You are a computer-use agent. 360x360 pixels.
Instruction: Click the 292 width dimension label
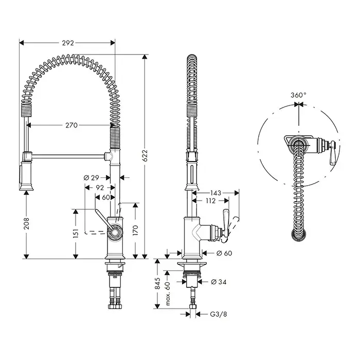[68, 43]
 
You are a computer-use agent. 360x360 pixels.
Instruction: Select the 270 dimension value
[71, 125]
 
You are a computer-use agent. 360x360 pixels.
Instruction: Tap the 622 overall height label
[146, 156]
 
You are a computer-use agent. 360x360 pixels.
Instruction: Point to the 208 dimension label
[27, 224]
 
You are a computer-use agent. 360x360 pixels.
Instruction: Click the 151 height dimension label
[76, 233]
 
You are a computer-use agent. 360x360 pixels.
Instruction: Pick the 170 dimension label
[135, 230]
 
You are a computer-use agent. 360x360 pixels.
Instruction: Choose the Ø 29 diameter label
[92, 178]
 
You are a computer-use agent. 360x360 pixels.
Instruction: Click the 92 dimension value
[100, 188]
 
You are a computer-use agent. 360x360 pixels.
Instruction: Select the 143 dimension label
[215, 193]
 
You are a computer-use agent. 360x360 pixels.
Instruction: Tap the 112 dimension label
[211, 201]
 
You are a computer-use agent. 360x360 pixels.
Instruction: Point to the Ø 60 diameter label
[224, 253]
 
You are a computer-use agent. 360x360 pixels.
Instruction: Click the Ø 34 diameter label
[219, 282]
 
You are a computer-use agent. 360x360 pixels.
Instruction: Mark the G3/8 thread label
[219, 314]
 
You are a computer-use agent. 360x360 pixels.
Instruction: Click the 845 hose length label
[157, 283]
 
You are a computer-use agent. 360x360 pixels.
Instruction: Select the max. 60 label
[168, 294]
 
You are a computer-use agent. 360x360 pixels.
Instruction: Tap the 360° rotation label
[298, 95]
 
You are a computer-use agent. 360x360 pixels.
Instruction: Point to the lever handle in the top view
[333, 153]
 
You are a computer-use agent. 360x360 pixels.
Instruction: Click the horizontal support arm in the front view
[68, 156]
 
